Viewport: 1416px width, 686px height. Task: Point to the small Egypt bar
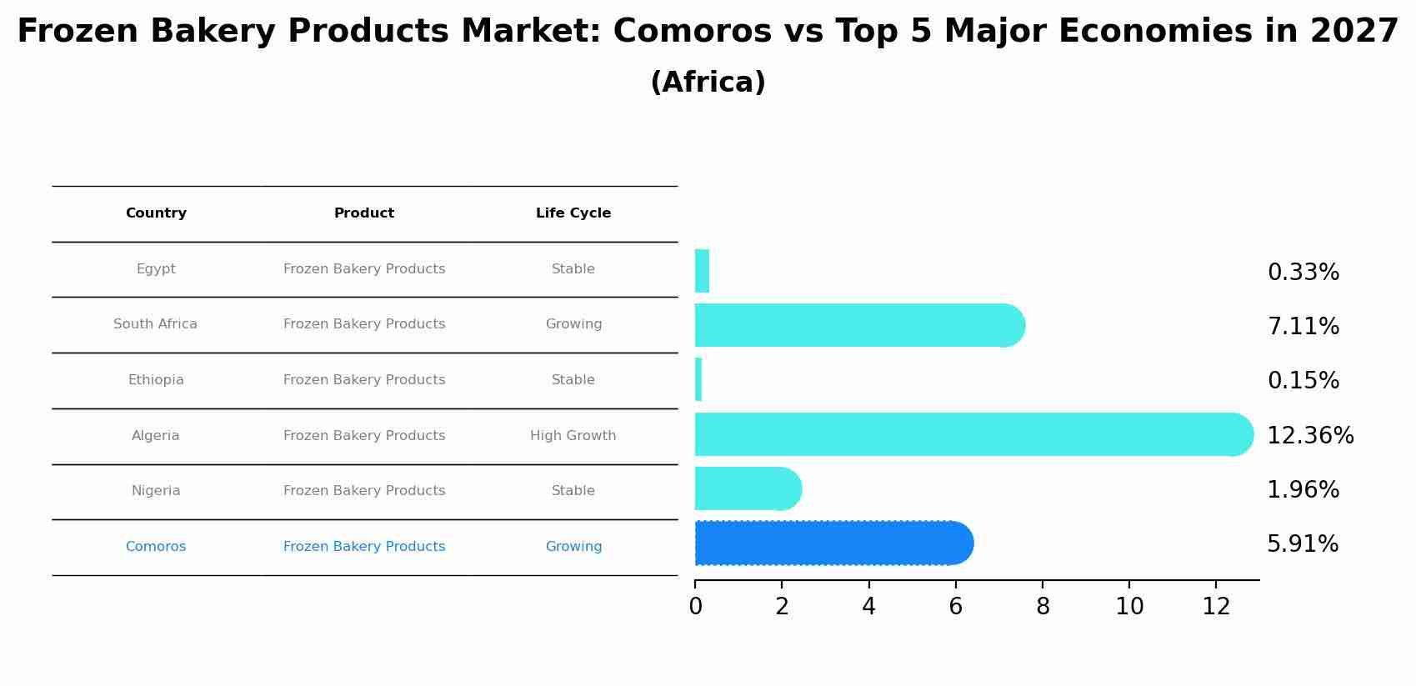pyautogui.click(x=702, y=271)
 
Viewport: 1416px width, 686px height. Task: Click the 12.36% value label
pyautogui.click(x=1310, y=436)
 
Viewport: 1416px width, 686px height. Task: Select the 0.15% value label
pyautogui.click(x=1303, y=381)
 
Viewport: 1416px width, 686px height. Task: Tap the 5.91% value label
pyautogui.click(x=1303, y=544)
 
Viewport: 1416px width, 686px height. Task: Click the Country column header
pyautogui.click(x=156, y=213)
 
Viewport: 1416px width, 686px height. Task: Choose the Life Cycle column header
pyautogui.click(x=573, y=213)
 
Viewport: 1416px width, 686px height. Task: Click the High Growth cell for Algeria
pyautogui.click(x=573, y=436)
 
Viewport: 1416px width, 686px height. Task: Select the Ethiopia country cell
pyautogui.click(x=156, y=380)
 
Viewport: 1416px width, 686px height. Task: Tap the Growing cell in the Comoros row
pyautogui.click(x=573, y=547)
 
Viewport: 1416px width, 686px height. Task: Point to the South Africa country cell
pyautogui.click(x=156, y=324)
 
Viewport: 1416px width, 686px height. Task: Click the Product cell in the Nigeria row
pyautogui.click(x=364, y=491)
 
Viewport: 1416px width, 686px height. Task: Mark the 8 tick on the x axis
pyautogui.click(x=1043, y=607)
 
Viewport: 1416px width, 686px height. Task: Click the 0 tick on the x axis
pyautogui.click(x=695, y=607)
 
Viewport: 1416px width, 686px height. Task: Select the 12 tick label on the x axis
pyautogui.click(x=1216, y=607)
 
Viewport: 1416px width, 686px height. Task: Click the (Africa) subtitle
pyautogui.click(x=708, y=83)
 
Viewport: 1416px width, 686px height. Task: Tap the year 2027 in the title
pyautogui.click(x=1354, y=32)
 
